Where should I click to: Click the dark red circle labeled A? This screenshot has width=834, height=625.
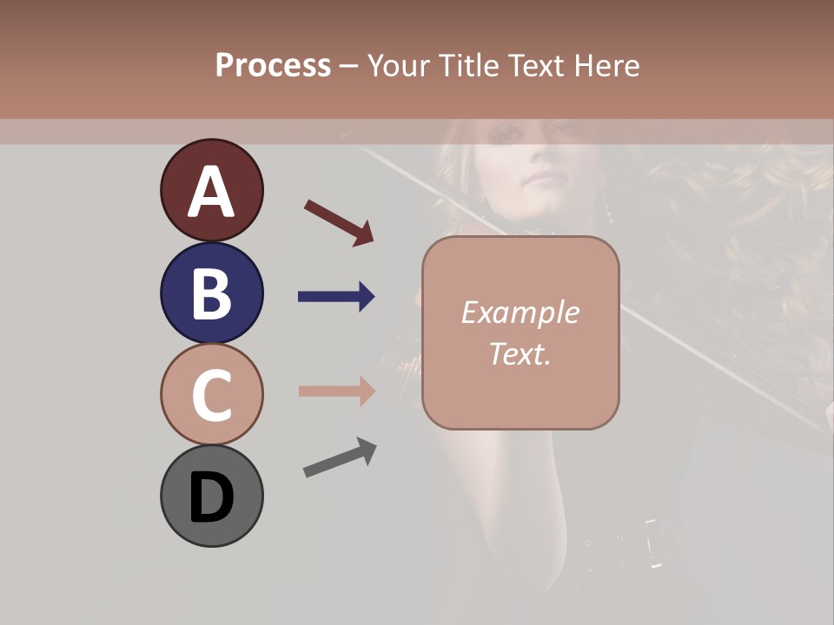(211, 190)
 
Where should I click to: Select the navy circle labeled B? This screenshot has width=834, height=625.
(211, 293)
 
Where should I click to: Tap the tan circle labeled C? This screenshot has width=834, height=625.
(211, 395)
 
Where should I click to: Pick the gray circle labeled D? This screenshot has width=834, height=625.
(211, 497)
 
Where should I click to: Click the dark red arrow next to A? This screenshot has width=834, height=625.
(339, 222)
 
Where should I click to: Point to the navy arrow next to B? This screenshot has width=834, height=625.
(336, 297)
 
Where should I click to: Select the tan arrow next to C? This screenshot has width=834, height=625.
(336, 391)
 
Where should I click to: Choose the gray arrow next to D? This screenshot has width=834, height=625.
(340, 457)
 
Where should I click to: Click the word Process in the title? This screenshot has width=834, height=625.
(273, 65)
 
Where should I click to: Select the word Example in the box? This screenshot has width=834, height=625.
(520, 312)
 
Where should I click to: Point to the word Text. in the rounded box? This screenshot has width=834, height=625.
(520, 353)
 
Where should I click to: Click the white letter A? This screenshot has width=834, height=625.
(211, 192)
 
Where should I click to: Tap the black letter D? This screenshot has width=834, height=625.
(211, 497)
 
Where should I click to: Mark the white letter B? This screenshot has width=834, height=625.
(211, 293)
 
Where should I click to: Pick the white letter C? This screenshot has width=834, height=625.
(211, 396)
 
